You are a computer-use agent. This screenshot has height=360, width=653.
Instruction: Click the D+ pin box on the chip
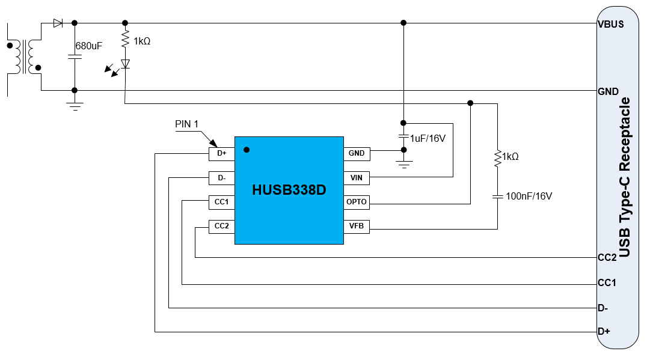[x=221, y=153]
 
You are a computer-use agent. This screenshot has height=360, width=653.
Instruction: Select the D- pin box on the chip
[x=221, y=178]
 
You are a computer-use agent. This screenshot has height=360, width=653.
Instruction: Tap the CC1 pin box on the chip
[x=221, y=202]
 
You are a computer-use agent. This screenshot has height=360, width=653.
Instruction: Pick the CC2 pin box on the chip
[x=221, y=227]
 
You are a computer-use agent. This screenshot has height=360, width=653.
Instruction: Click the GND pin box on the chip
[x=357, y=153]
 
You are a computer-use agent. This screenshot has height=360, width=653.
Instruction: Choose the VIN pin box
[x=357, y=178]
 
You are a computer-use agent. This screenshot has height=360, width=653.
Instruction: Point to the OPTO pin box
[x=357, y=202]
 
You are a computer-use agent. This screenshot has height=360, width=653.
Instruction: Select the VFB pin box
[x=357, y=227]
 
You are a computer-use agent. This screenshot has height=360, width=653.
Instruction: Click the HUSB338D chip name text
[x=289, y=191]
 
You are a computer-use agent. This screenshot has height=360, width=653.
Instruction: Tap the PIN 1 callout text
[x=187, y=124]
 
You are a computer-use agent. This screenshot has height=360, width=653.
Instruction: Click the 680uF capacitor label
[x=89, y=46]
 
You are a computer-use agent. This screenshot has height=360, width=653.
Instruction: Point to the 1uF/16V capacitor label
[x=428, y=138]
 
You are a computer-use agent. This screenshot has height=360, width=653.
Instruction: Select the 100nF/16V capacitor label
[x=529, y=196]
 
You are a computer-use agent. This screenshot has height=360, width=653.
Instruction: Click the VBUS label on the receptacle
[x=610, y=25]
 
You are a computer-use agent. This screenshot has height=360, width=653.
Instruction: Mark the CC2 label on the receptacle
[x=607, y=258]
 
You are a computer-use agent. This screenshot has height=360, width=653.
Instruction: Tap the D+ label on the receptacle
[x=604, y=331]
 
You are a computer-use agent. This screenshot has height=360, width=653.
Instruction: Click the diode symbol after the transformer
[x=58, y=23]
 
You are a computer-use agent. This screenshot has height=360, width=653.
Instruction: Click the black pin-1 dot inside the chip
[x=246, y=149]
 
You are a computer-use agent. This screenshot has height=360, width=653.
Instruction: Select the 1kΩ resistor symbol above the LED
[x=125, y=40]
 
